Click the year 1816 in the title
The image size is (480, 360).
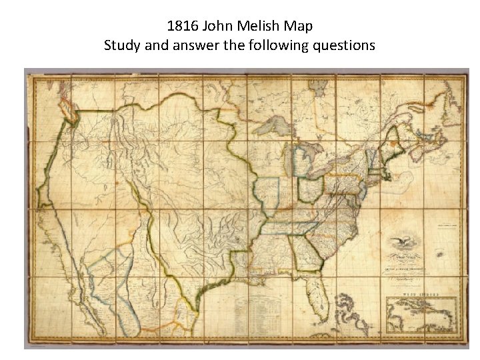click(x=181, y=27)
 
